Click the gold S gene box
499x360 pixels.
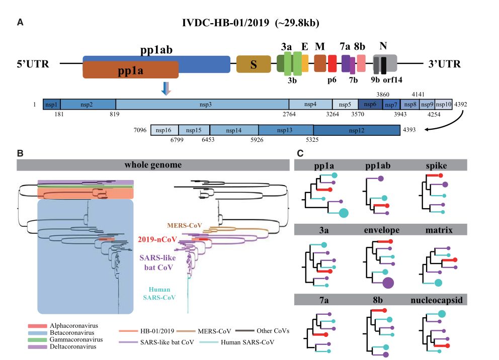point(254,64)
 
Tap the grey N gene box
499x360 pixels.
point(385,63)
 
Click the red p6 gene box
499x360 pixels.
point(332,64)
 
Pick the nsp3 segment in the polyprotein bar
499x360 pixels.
point(202,105)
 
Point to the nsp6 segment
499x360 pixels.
point(370,105)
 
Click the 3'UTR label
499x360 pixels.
point(444,64)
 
